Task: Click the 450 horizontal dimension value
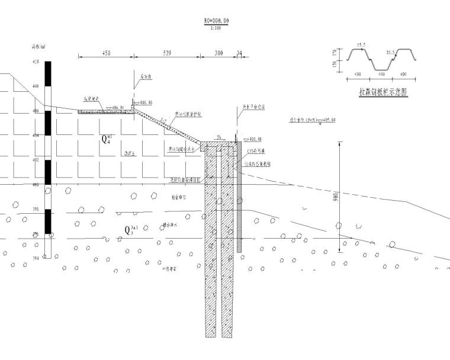coord(107,53)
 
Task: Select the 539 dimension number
coord(167,53)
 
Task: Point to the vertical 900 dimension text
coord(335,197)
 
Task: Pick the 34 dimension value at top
coord(239,53)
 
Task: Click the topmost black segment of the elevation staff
coord(49,74)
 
